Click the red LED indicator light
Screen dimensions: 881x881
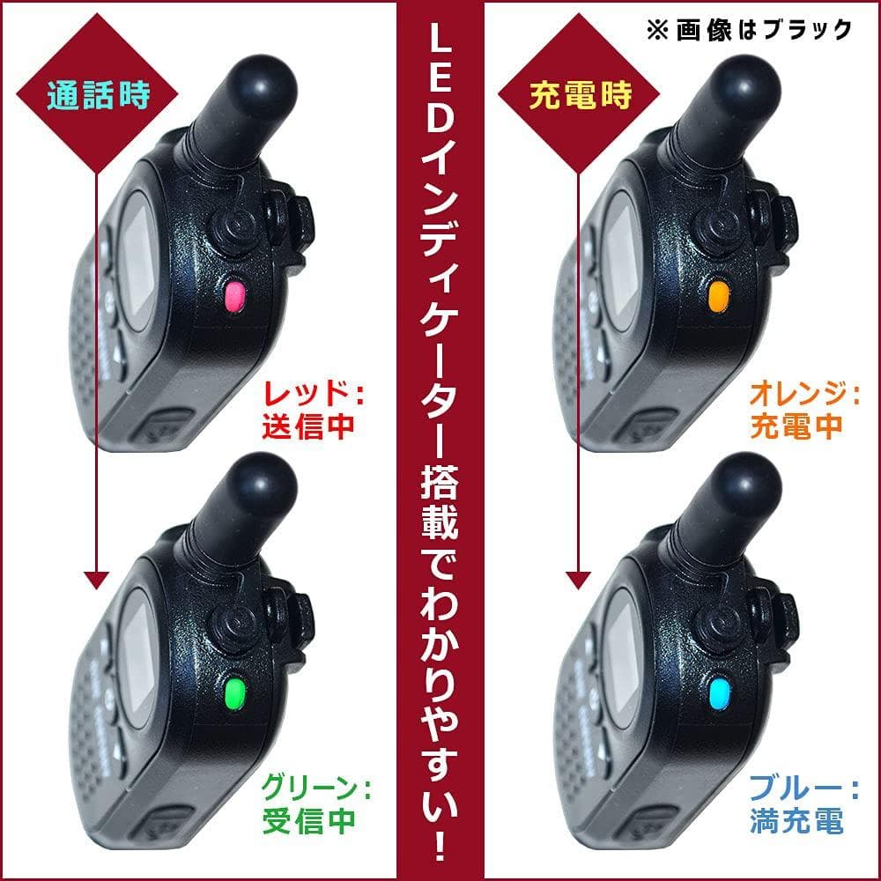235,295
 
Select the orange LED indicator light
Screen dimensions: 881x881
719,295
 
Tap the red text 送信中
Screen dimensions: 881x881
308,426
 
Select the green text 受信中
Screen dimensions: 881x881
308,820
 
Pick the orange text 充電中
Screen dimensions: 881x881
796,426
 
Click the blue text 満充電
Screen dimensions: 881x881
796,820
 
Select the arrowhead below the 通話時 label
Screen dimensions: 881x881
96,580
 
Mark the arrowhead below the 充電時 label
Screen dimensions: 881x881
578,580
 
